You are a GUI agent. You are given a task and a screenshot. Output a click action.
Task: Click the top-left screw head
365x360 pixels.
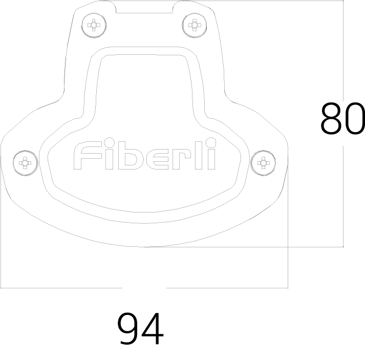[x=94, y=25]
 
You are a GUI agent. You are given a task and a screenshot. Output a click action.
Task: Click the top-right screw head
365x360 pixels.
[x=195, y=25]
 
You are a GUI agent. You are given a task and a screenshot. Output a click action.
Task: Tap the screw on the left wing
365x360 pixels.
[x=25, y=163]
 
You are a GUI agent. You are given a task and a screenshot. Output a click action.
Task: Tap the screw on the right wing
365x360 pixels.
[x=263, y=163]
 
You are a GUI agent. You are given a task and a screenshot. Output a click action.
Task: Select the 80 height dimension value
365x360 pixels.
[x=342, y=119]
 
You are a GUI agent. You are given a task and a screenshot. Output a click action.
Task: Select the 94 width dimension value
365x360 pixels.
[x=140, y=329]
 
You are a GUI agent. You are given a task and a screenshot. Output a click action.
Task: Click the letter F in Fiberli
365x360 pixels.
[x=88, y=155]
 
